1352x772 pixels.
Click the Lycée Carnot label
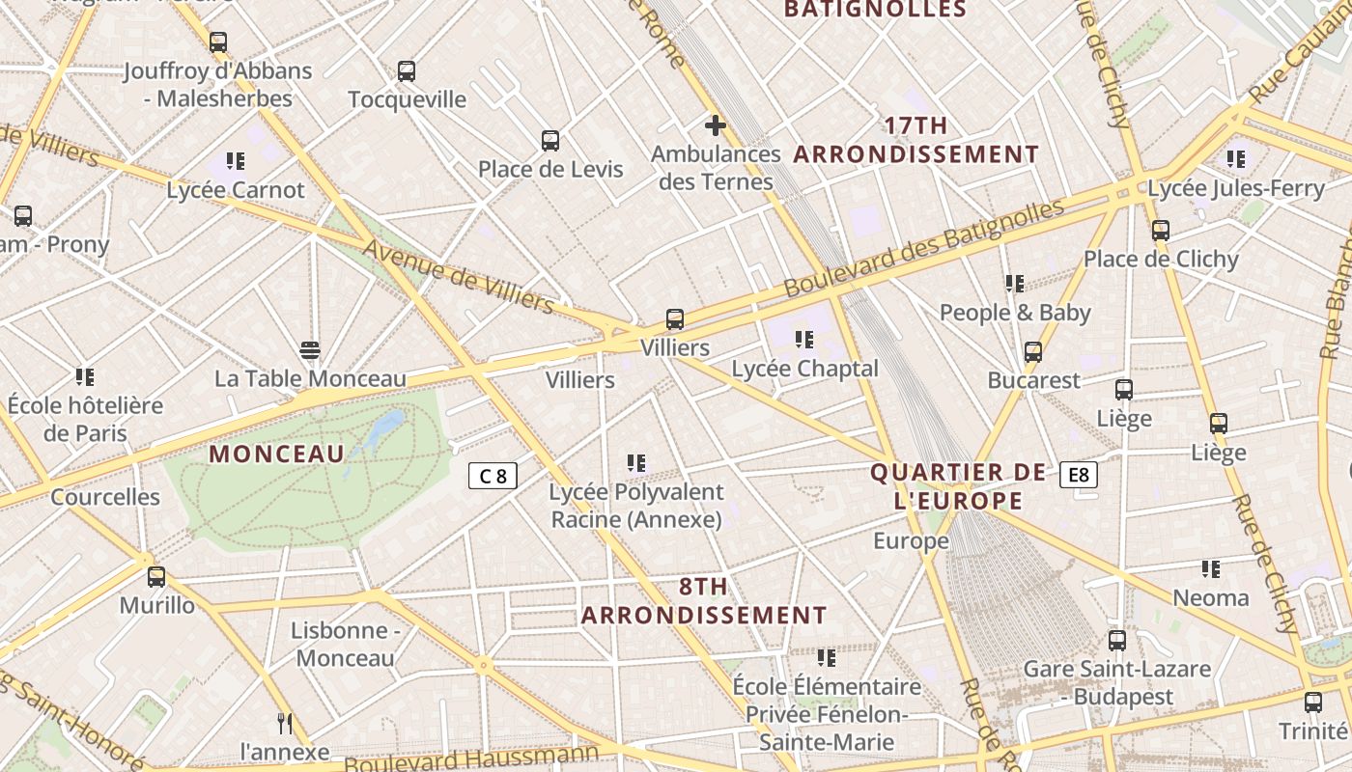click(x=236, y=190)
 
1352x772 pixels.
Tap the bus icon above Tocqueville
click(x=407, y=70)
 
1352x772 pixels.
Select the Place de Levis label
click(x=550, y=169)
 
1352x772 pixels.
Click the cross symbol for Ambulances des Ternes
click(x=715, y=125)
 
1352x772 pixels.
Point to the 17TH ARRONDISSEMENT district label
click(x=916, y=140)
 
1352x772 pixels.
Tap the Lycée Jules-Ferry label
click(x=1236, y=189)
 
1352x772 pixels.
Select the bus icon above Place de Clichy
click(x=1161, y=231)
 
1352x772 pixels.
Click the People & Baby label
click(x=1015, y=313)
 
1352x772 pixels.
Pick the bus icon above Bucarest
click(x=1033, y=351)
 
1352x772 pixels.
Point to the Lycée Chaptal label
click(x=805, y=369)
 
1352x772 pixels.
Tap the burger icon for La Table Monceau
click(x=310, y=349)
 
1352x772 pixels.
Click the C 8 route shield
click(x=493, y=475)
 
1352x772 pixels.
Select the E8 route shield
click(x=1078, y=474)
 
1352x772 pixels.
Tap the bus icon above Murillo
click(x=156, y=577)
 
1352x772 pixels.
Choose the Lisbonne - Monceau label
click(x=346, y=645)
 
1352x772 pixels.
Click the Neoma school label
click(x=1211, y=598)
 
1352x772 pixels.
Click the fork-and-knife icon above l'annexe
click(x=285, y=723)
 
